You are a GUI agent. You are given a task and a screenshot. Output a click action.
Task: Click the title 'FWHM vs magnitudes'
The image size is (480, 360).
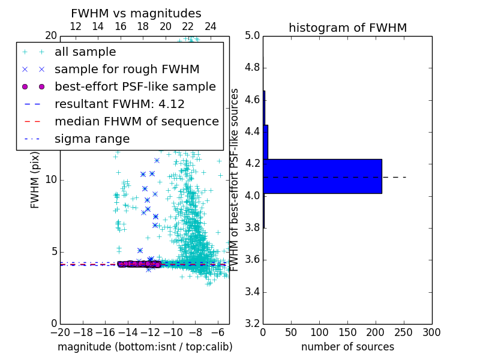point(136,13)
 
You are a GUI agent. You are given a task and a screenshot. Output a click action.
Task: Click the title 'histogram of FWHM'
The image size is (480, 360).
point(347,28)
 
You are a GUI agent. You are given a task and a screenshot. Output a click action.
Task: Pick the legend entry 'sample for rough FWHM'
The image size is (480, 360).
point(127,69)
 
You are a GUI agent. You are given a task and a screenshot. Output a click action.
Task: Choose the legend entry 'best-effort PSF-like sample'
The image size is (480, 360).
point(135,86)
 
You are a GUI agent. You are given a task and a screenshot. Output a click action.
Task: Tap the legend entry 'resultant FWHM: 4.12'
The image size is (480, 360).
point(119,104)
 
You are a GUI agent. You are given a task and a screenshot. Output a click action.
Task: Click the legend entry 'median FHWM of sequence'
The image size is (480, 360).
point(136,121)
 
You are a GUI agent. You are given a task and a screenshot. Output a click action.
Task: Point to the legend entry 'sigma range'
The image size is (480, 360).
point(92,139)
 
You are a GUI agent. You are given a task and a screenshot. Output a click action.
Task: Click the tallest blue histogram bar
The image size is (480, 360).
point(322,176)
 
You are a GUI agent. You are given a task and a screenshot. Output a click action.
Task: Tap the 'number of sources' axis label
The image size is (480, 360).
point(347,347)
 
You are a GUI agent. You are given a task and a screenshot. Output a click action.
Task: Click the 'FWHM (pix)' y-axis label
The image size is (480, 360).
point(35,180)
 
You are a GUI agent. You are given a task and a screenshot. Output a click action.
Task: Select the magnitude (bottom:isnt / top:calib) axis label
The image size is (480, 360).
point(145,347)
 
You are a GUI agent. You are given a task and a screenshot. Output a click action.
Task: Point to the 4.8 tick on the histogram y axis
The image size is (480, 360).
point(251,67)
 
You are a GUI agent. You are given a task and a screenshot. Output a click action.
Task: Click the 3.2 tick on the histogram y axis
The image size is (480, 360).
point(251,323)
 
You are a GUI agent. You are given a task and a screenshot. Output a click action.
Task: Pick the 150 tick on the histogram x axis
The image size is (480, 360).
point(347,332)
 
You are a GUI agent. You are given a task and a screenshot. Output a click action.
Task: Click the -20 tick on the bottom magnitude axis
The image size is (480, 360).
point(60,332)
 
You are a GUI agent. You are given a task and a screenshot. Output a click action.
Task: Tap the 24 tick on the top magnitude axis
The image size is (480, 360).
point(211,27)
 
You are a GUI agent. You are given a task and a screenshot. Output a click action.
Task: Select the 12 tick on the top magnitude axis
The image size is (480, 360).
point(76,27)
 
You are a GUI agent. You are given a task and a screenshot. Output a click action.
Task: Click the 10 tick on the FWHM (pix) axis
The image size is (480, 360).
point(51,180)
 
